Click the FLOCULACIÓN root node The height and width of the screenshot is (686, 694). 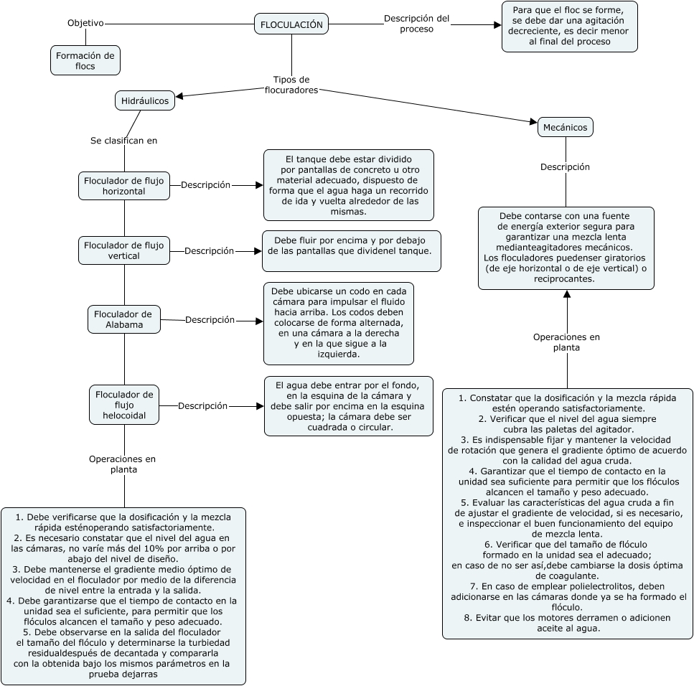tap(291, 24)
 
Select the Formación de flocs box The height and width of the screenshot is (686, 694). tap(85, 61)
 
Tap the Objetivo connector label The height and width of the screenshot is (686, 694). tap(85, 23)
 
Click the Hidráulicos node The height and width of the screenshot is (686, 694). tap(145, 101)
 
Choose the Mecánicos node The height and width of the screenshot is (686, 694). tap(565, 128)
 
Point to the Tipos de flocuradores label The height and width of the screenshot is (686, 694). tap(291, 85)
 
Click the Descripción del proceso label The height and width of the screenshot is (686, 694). tap(416, 24)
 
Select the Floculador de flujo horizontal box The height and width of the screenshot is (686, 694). tap(123, 186)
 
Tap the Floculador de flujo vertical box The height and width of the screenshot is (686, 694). tap(123, 250)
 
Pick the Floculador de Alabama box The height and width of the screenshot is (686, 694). tap(123, 319)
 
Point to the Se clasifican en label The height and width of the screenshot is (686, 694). tap(123, 141)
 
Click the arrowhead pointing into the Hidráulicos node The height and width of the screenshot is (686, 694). tap(180, 96)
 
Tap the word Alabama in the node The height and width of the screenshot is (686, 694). tap(124, 324)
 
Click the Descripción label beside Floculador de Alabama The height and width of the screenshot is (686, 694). tap(210, 320)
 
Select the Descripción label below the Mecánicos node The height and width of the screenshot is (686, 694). tap(565, 167)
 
